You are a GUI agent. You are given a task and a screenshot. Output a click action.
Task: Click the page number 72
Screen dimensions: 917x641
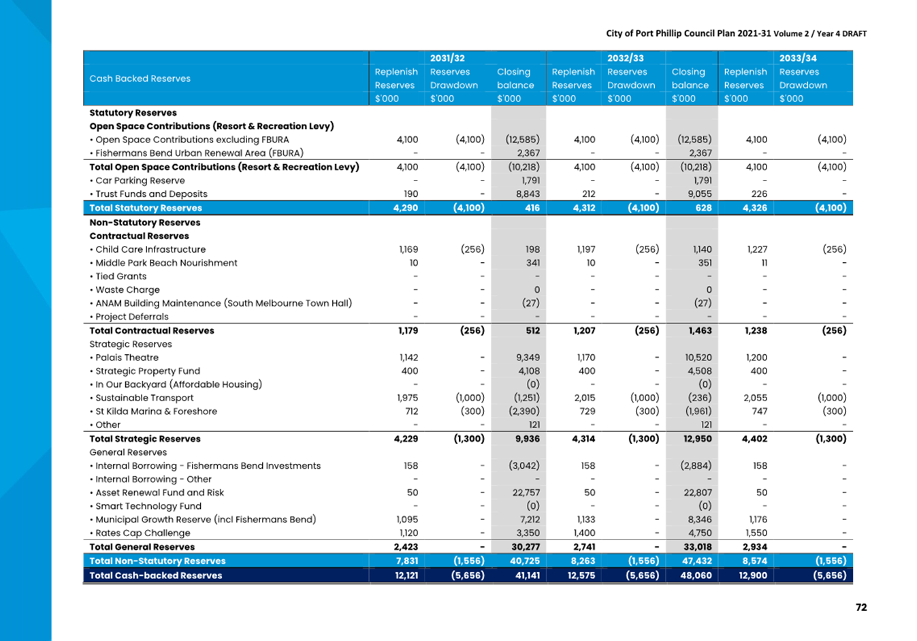(x=861, y=607)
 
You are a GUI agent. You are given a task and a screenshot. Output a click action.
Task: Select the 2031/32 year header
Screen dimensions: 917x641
(x=447, y=58)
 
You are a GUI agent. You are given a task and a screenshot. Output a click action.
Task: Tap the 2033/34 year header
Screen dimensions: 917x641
(x=797, y=58)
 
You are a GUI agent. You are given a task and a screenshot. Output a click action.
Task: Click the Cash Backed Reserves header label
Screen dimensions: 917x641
(x=140, y=78)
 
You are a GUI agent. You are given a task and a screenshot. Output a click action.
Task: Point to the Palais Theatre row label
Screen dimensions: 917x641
(x=127, y=358)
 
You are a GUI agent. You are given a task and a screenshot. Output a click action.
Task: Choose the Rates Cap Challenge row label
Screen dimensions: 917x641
(x=142, y=533)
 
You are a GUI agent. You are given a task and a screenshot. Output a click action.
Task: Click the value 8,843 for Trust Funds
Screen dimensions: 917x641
(x=528, y=193)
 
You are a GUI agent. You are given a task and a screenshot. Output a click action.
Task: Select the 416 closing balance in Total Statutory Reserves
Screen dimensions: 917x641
(x=532, y=208)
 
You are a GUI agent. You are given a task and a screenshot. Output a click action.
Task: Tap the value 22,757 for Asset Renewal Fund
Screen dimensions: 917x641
(x=526, y=493)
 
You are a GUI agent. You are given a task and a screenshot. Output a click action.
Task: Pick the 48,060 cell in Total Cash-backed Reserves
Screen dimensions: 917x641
(x=696, y=576)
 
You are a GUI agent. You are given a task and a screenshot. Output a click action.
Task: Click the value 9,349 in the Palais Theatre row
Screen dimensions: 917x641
(x=528, y=358)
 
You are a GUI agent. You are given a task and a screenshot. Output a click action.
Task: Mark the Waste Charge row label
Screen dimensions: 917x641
(x=127, y=290)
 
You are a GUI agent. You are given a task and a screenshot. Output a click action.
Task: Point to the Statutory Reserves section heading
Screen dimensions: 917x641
(x=133, y=112)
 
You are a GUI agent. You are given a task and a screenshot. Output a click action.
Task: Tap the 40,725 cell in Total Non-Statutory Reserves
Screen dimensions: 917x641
(x=525, y=561)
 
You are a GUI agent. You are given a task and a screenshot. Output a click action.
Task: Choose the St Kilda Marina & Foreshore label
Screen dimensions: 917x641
(x=156, y=411)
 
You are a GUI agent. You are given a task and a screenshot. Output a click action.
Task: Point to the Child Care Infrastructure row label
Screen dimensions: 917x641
(x=150, y=249)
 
